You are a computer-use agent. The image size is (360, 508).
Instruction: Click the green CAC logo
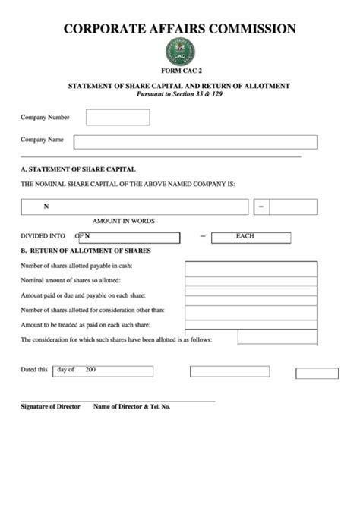[x=180, y=52]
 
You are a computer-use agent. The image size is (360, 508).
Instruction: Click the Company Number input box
[x=118, y=118]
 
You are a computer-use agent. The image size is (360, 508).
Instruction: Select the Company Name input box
[x=195, y=142]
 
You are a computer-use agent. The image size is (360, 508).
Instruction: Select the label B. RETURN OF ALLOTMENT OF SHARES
[x=86, y=250]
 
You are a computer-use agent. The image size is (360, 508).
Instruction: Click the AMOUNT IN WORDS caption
[x=124, y=221]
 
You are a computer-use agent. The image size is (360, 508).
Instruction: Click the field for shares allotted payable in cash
[x=251, y=267]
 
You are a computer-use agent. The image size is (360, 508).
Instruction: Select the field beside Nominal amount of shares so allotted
[x=251, y=281]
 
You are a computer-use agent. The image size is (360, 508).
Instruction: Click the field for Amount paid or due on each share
[x=251, y=295]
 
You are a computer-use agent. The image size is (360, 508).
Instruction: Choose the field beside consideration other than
[x=251, y=310]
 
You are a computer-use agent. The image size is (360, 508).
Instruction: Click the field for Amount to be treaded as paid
[x=251, y=324]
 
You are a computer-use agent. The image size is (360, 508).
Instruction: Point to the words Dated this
[x=33, y=370]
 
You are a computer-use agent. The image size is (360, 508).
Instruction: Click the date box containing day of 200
[x=102, y=371]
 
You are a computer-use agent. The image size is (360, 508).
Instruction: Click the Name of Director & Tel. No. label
[x=131, y=407]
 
